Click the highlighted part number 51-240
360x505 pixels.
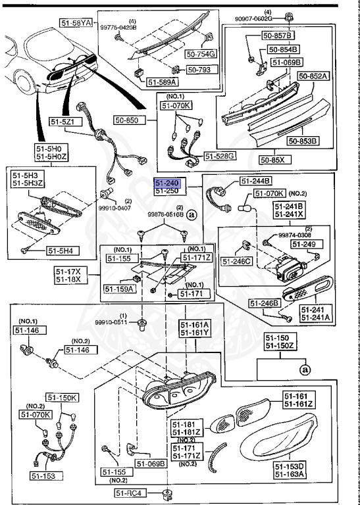click(167, 183)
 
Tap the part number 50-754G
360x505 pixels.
click(201, 54)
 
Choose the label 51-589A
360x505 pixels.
click(161, 82)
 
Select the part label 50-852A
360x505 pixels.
click(313, 76)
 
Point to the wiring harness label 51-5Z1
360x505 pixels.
click(66, 122)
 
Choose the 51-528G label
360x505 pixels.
click(220, 156)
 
